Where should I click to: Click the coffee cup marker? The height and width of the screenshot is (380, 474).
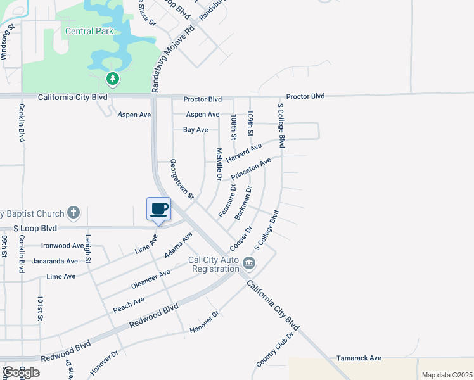(158, 208)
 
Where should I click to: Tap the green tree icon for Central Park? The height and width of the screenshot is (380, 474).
(112, 79)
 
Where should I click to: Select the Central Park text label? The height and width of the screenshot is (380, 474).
(89, 31)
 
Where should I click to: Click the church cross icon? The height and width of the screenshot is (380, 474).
(74, 212)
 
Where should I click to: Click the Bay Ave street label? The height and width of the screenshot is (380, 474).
(195, 130)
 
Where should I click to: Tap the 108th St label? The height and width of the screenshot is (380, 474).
(234, 127)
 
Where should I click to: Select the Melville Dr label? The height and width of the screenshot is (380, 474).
(219, 163)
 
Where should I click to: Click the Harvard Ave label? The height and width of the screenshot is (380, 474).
(244, 152)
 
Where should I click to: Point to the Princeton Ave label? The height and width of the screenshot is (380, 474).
(251, 168)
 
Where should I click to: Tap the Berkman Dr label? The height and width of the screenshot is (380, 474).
(244, 203)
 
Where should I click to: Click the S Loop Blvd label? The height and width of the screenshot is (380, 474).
(35, 228)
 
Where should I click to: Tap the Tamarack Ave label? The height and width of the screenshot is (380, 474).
(359, 358)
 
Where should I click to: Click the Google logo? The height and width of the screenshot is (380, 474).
(21, 372)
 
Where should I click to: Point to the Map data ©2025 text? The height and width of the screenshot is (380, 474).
(446, 375)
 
